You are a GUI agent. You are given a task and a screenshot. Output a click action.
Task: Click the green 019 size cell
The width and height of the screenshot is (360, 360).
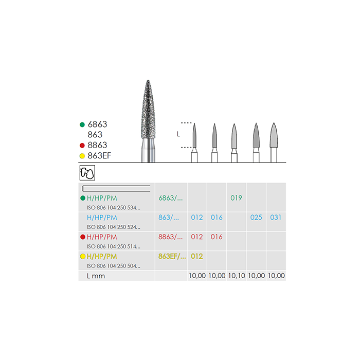tap(236, 198)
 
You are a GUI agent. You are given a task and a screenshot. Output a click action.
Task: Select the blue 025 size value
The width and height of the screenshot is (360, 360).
tap(256, 218)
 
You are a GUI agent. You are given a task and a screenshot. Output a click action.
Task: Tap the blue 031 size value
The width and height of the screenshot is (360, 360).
tap(276, 218)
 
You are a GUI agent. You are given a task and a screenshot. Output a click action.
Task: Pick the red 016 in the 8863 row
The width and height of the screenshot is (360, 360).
tap(217, 237)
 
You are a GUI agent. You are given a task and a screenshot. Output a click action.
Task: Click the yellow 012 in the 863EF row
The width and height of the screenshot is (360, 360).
tap(197, 257)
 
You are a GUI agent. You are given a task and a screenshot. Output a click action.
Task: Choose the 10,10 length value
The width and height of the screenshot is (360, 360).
tap(237, 276)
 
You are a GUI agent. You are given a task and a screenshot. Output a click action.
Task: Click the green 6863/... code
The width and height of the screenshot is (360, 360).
tap(171, 198)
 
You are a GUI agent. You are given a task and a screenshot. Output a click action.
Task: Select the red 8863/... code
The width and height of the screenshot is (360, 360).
tap(171, 237)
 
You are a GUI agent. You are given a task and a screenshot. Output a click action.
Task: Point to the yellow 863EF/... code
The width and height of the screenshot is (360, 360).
tap(172, 257)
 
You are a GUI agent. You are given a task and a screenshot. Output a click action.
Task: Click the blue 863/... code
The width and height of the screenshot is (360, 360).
tap(169, 218)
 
